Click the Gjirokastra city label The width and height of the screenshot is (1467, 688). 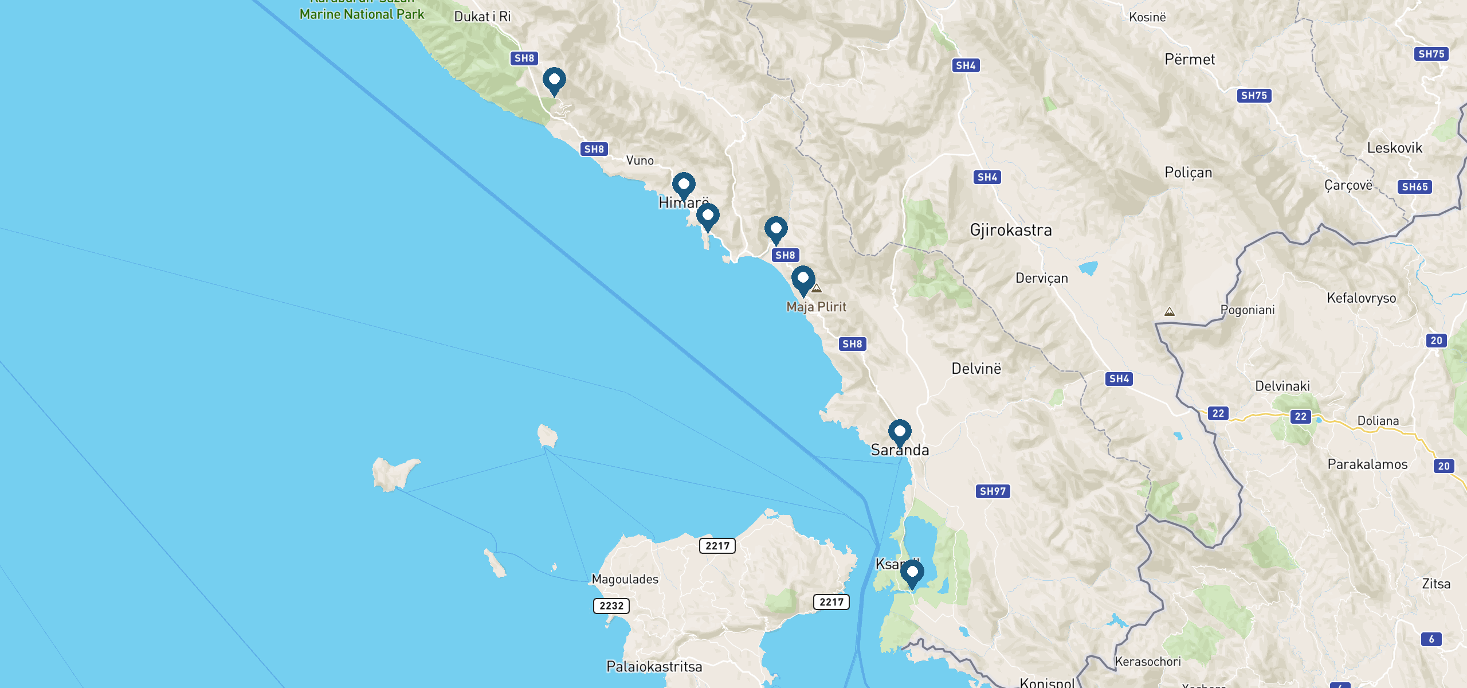[x=1011, y=230]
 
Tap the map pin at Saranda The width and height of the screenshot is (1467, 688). [x=900, y=431]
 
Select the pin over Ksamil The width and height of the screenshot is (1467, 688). [x=912, y=572]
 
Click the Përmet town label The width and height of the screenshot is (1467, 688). [x=1190, y=60]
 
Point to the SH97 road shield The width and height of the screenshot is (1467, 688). [x=993, y=491]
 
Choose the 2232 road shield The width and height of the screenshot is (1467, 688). [x=611, y=606]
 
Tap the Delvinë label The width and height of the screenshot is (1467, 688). [x=976, y=369]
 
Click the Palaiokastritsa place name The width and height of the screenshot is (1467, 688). [x=654, y=667]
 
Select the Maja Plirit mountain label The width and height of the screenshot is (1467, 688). [x=816, y=307]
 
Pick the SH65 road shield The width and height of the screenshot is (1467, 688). [x=1415, y=187]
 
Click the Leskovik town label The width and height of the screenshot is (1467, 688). [x=1394, y=148]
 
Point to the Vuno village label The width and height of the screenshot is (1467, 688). [x=640, y=161]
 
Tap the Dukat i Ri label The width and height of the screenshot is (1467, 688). [x=482, y=17]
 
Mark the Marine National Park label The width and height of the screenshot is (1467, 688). [x=362, y=14]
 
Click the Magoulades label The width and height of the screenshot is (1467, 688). [x=625, y=579]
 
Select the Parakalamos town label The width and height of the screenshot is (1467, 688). [x=1367, y=464]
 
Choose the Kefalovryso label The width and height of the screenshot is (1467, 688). [x=1361, y=298]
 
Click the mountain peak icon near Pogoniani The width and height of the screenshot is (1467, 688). [x=1170, y=312]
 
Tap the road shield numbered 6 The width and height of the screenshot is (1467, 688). [x=1431, y=639]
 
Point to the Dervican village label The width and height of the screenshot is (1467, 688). [x=1041, y=279]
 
